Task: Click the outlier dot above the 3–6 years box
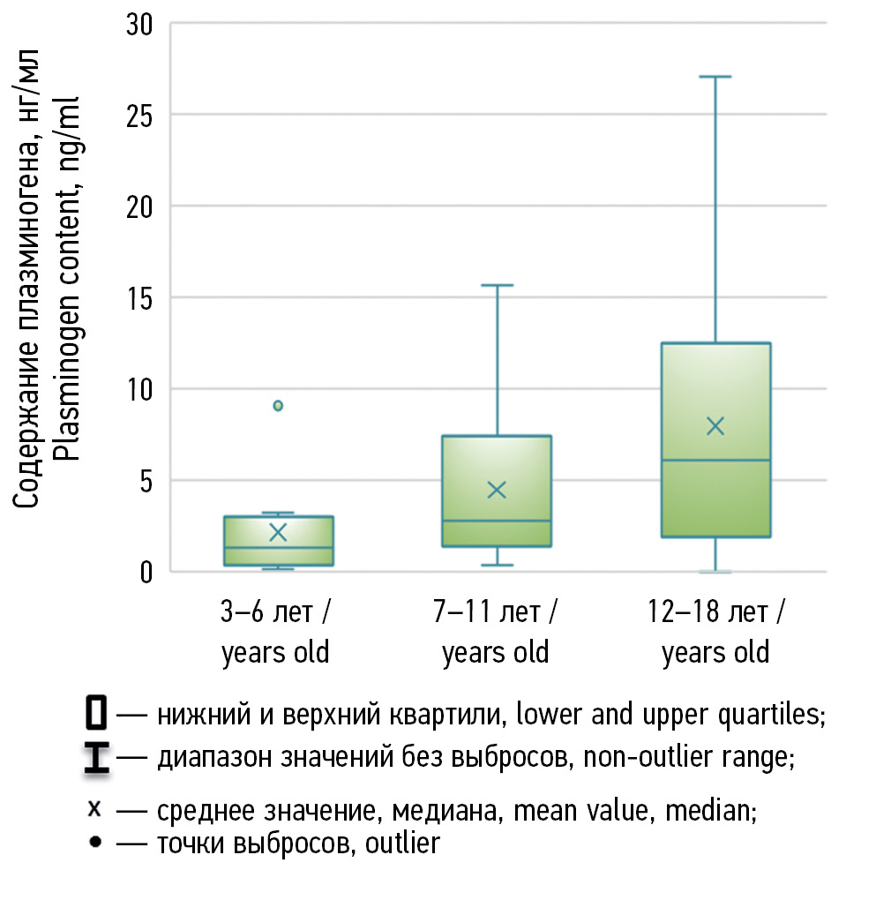pyautogui.click(x=278, y=406)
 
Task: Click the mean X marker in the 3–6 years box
pyautogui.click(x=278, y=532)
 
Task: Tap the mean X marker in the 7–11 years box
pyautogui.click(x=497, y=491)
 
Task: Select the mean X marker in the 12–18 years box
pyautogui.click(x=715, y=426)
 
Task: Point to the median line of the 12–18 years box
pyautogui.click(x=715, y=461)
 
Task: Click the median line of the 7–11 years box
pyautogui.click(x=497, y=521)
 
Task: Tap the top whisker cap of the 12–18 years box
pyautogui.click(x=715, y=77)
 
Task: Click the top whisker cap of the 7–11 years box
pyautogui.click(x=497, y=286)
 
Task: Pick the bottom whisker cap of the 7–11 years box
pyautogui.click(x=497, y=565)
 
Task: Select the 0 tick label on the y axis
pyautogui.click(x=146, y=572)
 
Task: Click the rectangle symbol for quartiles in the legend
pyautogui.click(x=96, y=713)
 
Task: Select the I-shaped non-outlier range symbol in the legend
pyautogui.click(x=96, y=758)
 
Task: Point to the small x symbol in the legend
pyautogui.click(x=96, y=809)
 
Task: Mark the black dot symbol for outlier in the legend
pyautogui.click(x=96, y=843)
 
